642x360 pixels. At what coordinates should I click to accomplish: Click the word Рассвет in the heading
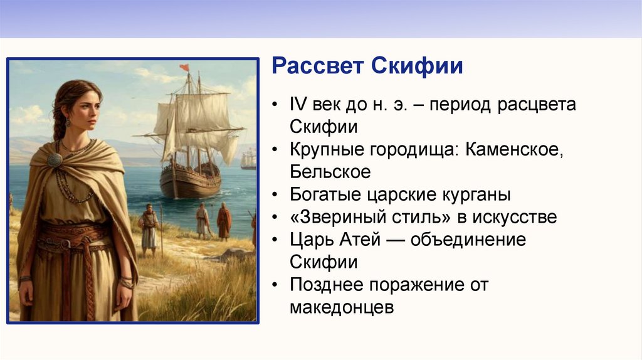point(317,65)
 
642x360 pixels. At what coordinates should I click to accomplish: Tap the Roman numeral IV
point(298,104)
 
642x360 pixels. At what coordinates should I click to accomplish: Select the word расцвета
point(537,105)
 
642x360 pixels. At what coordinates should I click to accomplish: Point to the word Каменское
point(514,149)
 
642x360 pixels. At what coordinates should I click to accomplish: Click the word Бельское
point(330,172)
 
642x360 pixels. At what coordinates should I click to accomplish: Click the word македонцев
point(342,307)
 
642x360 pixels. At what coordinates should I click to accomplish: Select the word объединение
point(468,240)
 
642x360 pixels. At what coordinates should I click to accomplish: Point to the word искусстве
point(515,218)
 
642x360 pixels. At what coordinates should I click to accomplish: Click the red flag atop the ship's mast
point(184,67)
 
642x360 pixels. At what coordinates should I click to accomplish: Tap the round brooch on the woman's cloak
point(55,160)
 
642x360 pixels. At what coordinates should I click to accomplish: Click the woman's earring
point(68,122)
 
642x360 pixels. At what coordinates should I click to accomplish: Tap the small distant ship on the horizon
point(248,160)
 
